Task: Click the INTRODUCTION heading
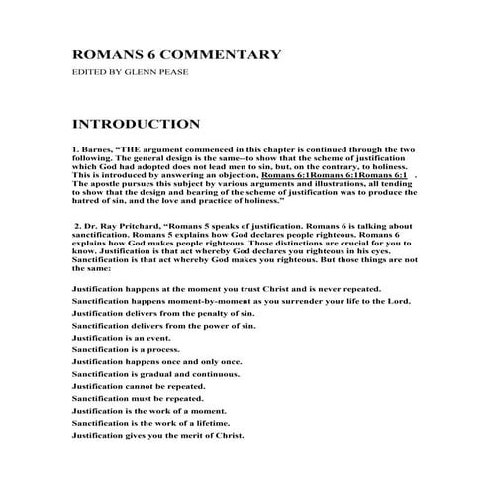coord(137,125)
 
